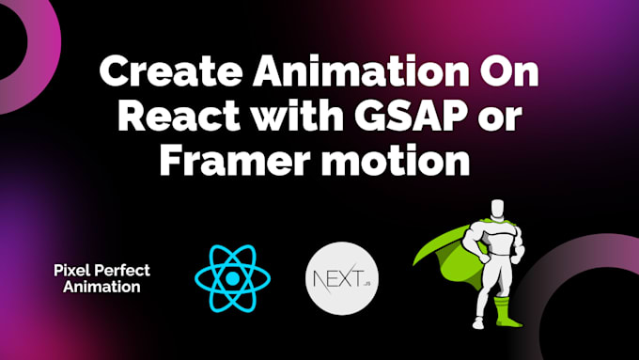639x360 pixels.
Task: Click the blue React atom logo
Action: [x=232, y=278]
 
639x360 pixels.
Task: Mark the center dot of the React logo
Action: [x=232, y=278]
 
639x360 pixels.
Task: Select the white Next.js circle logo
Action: [x=335, y=278]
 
